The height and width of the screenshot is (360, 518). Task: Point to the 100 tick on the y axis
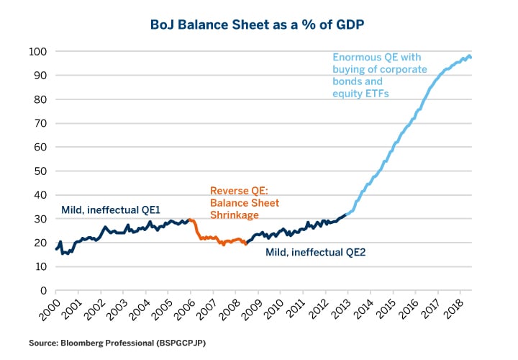(38, 52)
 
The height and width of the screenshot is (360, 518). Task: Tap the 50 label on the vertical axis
(41, 171)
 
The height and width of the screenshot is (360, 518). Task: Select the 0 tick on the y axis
(44, 291)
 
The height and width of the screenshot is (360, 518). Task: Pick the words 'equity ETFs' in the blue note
(360, 94)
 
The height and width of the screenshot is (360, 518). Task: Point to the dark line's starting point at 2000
(56, 249)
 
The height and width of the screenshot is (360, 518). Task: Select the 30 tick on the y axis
(41, 219)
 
